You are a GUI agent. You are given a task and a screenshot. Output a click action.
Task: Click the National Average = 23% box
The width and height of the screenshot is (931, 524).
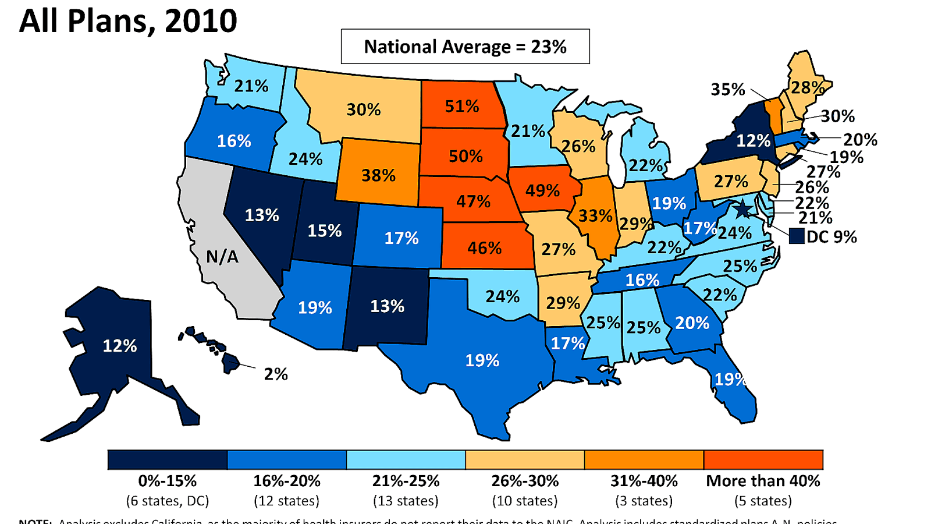point(465,47)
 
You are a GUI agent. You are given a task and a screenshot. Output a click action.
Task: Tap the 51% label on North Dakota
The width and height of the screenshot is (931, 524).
point(462,106)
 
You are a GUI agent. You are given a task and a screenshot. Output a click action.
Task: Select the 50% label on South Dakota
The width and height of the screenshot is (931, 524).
point(465,156)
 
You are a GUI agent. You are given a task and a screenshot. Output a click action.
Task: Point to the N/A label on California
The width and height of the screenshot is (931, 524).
point(222,257)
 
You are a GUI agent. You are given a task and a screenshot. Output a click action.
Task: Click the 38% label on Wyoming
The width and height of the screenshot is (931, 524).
point(378,175)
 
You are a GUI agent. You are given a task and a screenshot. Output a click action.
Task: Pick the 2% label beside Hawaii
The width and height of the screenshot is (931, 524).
point(276,374)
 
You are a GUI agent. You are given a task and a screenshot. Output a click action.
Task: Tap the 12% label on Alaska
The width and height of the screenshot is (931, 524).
point(120,346)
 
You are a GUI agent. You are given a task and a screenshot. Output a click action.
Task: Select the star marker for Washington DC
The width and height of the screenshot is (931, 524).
point(742,208)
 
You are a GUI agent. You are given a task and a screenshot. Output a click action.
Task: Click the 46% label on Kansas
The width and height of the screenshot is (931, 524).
point(484,248)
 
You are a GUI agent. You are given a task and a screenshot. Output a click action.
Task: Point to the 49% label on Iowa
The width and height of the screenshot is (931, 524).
point(542,190)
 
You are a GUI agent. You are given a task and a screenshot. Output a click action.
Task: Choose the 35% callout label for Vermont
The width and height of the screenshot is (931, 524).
point(727,90)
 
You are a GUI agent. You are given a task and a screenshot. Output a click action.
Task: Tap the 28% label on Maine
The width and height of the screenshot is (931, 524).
point(807,87)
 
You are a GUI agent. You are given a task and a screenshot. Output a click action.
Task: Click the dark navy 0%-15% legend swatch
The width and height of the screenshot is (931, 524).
point(168,459)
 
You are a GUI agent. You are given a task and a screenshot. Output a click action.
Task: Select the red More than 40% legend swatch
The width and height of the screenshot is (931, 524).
point(763,459)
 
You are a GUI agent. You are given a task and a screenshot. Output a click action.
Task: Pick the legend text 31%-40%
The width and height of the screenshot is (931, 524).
point(644,481)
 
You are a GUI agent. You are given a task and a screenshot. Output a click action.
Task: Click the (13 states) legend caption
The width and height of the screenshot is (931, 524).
point(406,501)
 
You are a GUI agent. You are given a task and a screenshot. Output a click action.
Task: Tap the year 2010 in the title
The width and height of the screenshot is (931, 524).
point(201,22)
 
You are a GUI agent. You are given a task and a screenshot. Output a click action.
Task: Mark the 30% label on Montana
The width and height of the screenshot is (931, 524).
point(364,109)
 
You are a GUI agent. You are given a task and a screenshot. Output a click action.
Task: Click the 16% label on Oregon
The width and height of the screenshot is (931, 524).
point(234,141)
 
